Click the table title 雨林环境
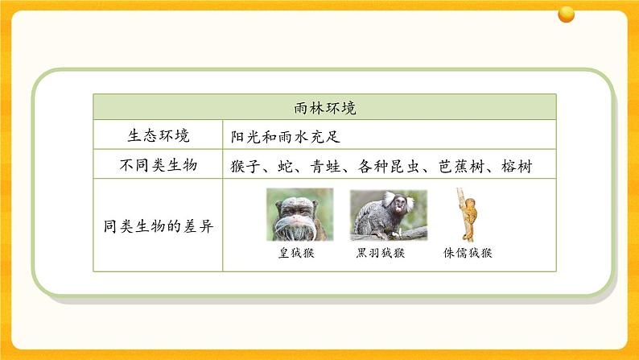[x=325, y=108]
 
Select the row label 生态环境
[x=159, y=135]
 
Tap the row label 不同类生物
[x=159, y=165]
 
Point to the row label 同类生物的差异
[x=158, y=226]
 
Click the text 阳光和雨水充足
[x=285, y=137]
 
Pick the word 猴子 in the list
[x=245, y=167]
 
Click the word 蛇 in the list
[x=285, y=167]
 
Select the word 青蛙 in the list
[x=325, y=167]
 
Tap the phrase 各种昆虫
[x=389, y=167]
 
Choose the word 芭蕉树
[x=461, y=167]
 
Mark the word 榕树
[x=517, y=167]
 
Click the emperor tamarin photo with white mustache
[x=300, y=214]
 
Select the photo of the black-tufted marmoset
[x=389, y=215]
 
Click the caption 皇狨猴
[x=296, y=253]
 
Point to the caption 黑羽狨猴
[x=381, y=253]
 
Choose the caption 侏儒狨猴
[x=468, y=253]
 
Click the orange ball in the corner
[x=566, y=14]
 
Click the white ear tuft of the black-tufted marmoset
[x=390, y=198]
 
